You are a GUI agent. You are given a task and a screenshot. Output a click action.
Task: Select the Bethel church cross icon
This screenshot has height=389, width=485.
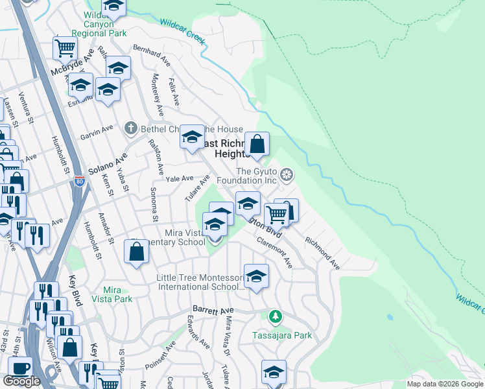tap(131, 128)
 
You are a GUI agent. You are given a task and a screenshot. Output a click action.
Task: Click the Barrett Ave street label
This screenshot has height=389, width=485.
tap(213, 311)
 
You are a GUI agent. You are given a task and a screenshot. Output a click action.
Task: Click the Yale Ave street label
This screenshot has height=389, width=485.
tap(180, 178)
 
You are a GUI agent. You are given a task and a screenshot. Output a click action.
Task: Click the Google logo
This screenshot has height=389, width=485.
tap(21, 381)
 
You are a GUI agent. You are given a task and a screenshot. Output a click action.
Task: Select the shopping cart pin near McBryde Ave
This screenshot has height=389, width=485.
tap(65, 47)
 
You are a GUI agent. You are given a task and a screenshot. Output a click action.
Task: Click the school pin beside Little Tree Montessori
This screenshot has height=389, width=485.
tap(256, 277)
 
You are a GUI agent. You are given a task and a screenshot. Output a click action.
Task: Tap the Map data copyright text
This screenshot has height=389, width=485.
tap(445, 384)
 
